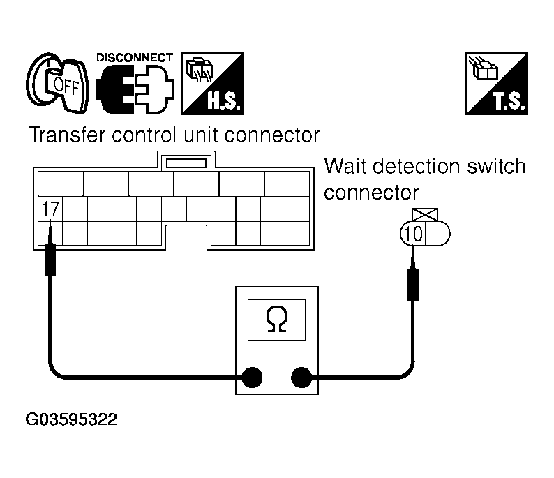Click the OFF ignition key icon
(59, 84)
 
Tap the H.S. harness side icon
(212, 83)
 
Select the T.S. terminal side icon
(497, 83)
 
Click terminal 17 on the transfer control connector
(51, 208)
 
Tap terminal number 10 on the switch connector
(413, 233)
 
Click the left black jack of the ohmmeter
(252, 378)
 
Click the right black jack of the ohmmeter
(301, 378)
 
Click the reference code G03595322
(71, 420)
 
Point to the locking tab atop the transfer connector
(184, 162)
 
